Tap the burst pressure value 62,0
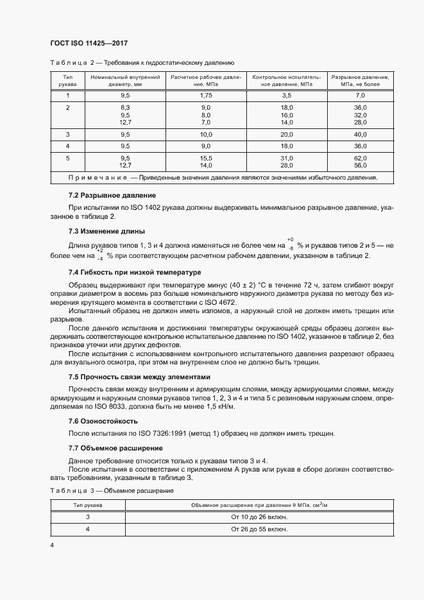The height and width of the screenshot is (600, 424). tap(360, 158)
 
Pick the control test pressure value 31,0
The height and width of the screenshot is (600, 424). tap(287, 158)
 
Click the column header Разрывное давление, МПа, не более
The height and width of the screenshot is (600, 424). tap(360, 81)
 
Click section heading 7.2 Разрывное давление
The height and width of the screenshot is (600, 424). tap(112, 195)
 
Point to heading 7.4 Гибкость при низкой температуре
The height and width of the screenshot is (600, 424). tap(135, 273)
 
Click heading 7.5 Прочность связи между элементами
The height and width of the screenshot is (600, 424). tap(139, 377)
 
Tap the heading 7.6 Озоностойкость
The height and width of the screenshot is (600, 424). tap(103, 421)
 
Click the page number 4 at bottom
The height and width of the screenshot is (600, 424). tap(52, 545)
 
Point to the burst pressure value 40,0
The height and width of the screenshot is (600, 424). tap(360, 134)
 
